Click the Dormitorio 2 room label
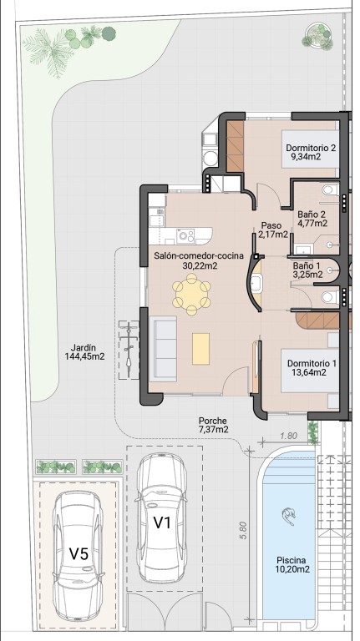(311, 151)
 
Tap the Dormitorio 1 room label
(312, 367)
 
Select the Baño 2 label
(312, 219)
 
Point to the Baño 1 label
(307, 270)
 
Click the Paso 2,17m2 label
(272, 230)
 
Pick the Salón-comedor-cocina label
(199, 260)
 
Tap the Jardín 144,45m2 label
(84, 352)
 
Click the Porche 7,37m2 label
(213, 425)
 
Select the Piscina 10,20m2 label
(292, 564)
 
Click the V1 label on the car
(161, 522)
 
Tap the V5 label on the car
(79, 554)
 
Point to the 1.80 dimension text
(290, 436)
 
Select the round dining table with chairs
(191, 294)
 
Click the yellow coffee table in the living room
(200, 348)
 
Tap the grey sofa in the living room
(163, 349)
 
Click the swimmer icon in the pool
(288, 517)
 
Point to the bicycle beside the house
(129, 350)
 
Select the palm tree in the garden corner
(48, 50)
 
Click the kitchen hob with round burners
(186, 235)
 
